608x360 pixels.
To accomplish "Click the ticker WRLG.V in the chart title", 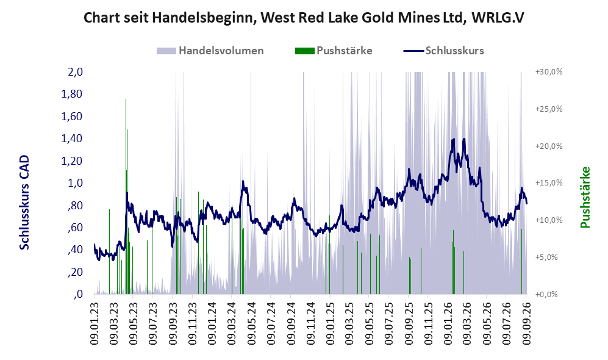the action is tap(498, 18).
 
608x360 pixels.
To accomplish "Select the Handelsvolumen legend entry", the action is tap(210, 51).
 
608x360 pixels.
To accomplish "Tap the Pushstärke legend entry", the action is tap(334, 51).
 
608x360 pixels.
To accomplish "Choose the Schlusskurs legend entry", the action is tap(443, 51).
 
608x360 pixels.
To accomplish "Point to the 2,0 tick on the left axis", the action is tap(76, 72).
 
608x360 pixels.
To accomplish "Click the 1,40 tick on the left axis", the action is tap(72, 139).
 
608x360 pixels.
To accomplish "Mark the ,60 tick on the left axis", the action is tap(75, 228).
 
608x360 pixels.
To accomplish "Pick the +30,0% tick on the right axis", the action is tap(549, 72).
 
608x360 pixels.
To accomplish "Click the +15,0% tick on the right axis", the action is tap(549, 182).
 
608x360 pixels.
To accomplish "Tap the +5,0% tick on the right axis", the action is tap(547, 257).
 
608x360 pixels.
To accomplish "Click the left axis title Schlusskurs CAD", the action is tap(24, 203).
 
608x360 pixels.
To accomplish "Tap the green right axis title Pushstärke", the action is tap(585, 198).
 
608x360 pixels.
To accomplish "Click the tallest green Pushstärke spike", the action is tap(126, 99).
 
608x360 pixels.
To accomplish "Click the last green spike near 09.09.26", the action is tap(521, 261).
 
